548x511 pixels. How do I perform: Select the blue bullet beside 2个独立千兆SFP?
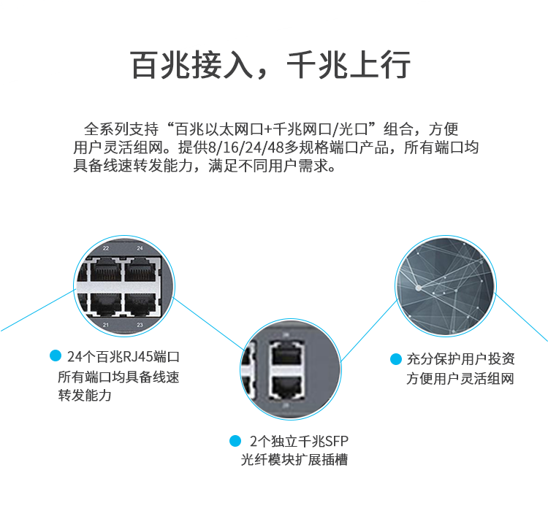pos(235,441)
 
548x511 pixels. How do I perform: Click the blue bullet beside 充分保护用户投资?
pos(395,359)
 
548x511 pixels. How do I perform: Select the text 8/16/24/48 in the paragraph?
pos(240,148)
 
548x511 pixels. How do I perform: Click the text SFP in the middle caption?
pos(335,441)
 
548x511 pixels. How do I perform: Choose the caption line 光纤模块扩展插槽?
pos(294,460)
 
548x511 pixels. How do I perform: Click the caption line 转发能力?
pos(85,396)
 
